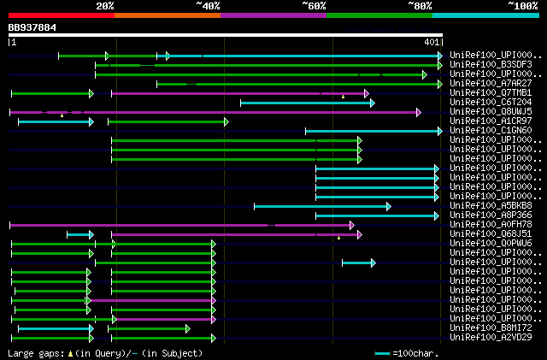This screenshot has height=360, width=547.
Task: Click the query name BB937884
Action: [32, 27]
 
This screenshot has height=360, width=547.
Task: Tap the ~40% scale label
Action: [208, 5]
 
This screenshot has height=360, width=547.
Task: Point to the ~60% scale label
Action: [314, 5]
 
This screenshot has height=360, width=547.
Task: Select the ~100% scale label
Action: [523, 5]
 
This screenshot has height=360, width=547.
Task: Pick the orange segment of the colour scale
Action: [167, 15]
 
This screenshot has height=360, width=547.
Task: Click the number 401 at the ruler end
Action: [432, 42]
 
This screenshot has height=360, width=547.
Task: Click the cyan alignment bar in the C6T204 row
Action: [306, 103]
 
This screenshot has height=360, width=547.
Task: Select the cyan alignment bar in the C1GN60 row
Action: [373, 131]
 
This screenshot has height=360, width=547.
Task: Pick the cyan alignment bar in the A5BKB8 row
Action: [321, 206]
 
